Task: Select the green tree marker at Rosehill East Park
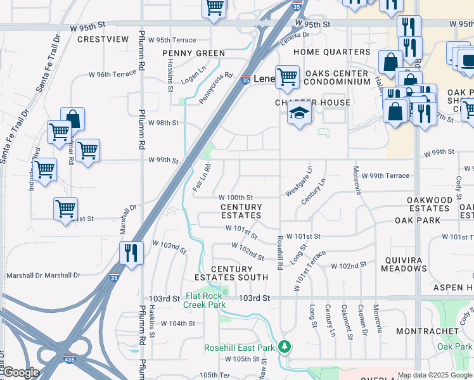pyautogui.click(x=285, y=346)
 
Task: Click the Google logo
pyautogui.click(x=21, y=372)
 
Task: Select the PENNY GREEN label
pyautogui.click(x=193, y=53)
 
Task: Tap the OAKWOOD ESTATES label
pyautogui.click(x=429, y=204)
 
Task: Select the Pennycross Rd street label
pyautogui.click(x=215, y=87)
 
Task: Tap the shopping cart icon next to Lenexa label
pyautogui.click(x=287, y=77)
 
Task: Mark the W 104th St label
pyautogui.click(x=177, y=323)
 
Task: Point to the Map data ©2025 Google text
pyautogui.click(x=435, y=375)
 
